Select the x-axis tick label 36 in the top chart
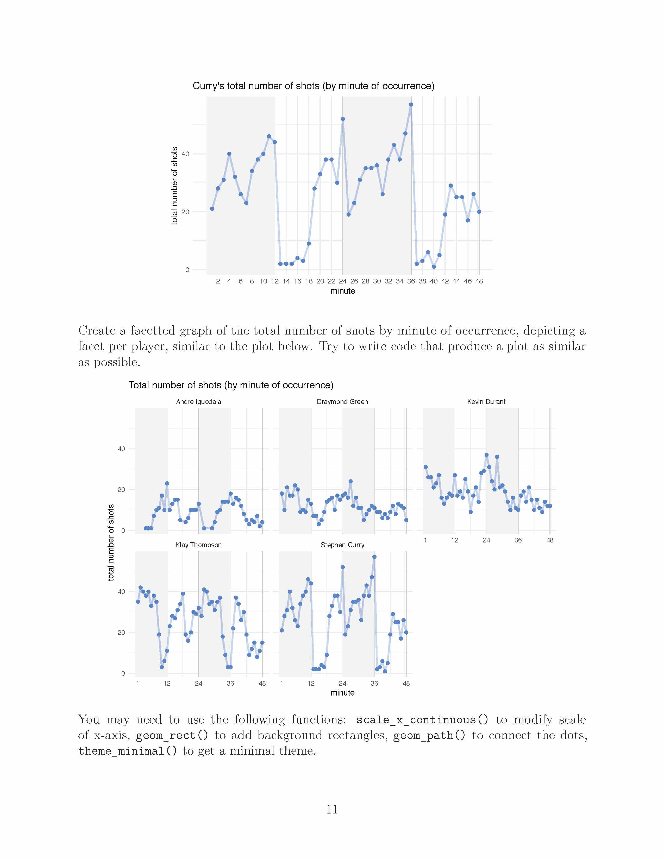(x=411, y=281)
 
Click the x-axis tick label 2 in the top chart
(x=218, y=281)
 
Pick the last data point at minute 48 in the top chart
(x=479, y=212)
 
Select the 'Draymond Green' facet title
(x=342, y=402)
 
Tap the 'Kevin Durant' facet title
(x=486, y=402)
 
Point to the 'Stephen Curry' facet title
(x=342, y=545)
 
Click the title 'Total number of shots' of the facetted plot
(x=231, y=385)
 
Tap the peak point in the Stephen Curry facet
(x=374, y=557)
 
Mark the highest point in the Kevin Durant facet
(x=487, y=455)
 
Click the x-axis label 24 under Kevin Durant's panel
(x=486, y=540)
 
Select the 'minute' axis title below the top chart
(x=342, y=291)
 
